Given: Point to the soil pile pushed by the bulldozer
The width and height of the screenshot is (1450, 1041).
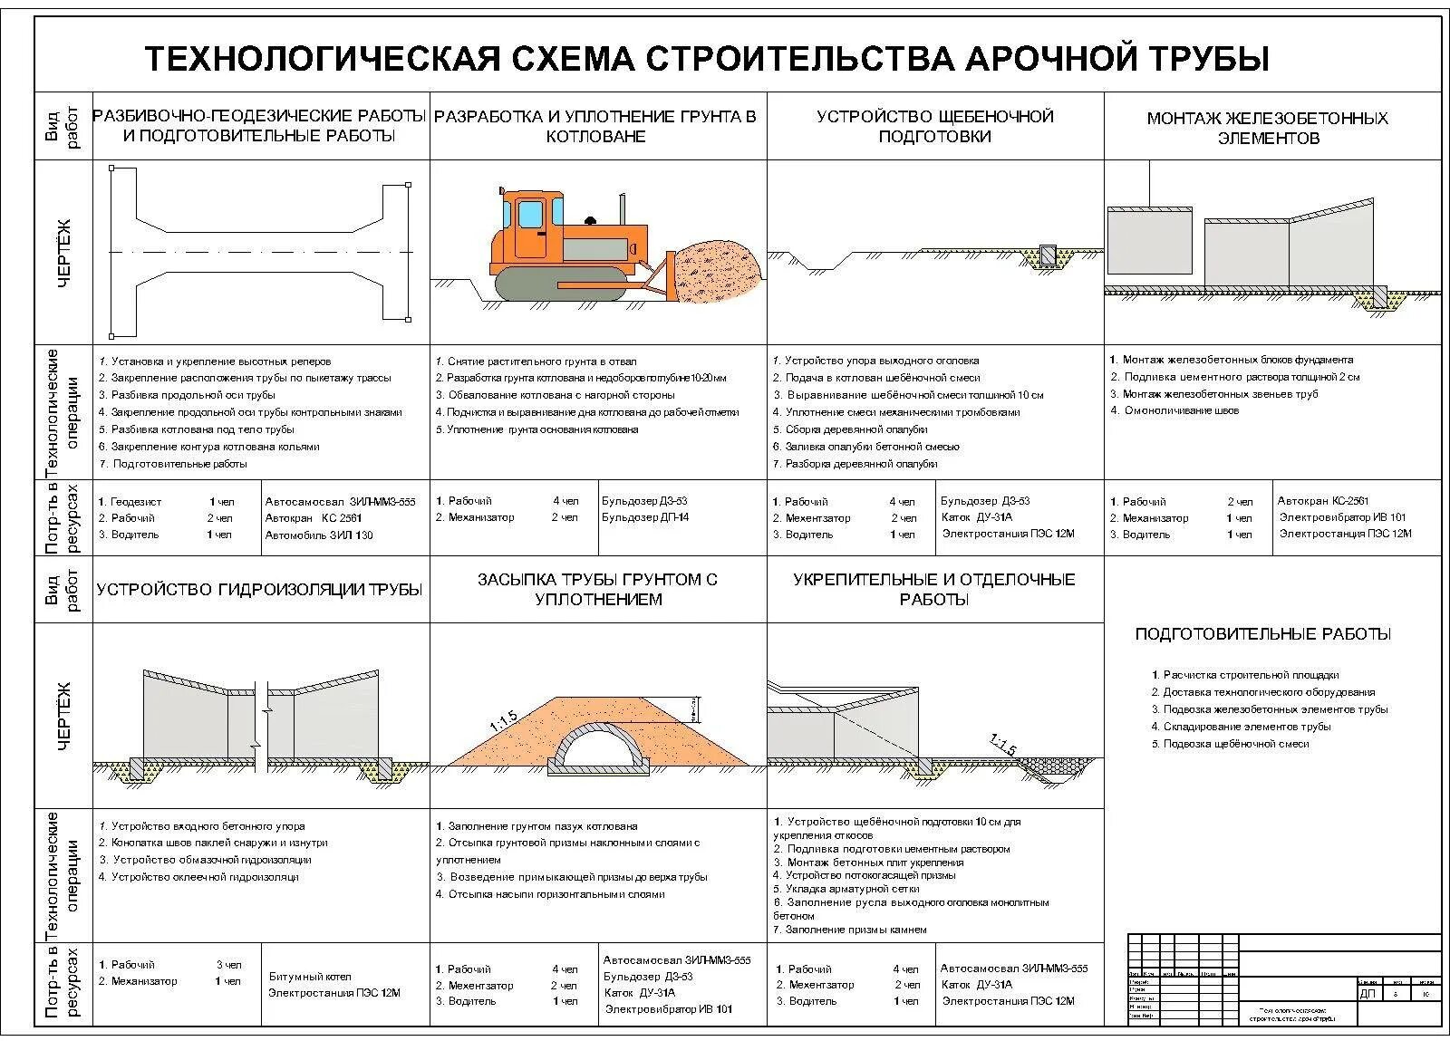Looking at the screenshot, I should (716, 265).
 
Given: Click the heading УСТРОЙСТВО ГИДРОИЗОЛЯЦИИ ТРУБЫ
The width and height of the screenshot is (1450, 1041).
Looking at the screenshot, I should (259, 590).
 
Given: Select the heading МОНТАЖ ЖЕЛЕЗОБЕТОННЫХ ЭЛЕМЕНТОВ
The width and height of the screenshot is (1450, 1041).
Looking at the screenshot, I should (1267, 128).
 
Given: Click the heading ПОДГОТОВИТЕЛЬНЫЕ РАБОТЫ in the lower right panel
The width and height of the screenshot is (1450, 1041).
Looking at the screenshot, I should (1262, 634).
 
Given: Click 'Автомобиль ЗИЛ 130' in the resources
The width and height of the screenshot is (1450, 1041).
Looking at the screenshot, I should (319, 535).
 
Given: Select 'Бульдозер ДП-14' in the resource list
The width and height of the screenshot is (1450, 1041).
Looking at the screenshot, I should (645, 517).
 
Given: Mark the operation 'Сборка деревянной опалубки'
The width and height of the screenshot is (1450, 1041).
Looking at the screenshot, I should (855, 429).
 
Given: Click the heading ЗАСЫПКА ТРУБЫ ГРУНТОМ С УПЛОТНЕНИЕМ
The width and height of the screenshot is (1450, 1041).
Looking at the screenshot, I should (597, 589).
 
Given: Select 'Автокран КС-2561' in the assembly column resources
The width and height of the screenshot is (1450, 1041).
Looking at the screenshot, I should (1323, 500).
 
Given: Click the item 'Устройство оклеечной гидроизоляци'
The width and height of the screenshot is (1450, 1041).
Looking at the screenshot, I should (205, 877).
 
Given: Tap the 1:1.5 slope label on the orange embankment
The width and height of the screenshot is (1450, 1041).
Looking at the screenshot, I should (503, 720).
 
